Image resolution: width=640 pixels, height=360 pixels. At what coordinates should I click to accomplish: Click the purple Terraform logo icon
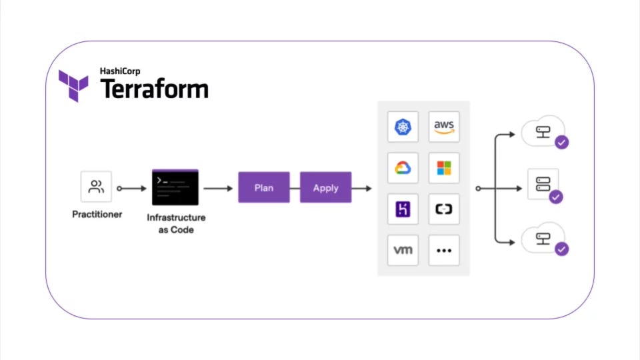tap(73, 85)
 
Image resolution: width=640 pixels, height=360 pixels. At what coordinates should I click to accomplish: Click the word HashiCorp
tap(120, 71)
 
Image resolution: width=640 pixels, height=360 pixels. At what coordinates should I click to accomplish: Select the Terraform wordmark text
tap(154, 89)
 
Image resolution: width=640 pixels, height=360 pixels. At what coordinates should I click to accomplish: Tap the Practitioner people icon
tap(96, 187)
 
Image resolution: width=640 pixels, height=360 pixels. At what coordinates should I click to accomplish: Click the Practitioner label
tap(97, 215)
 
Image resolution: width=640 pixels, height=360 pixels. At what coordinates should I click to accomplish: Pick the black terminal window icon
tap(175, 187)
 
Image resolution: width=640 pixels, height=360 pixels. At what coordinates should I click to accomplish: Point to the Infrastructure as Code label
tap(176, 223)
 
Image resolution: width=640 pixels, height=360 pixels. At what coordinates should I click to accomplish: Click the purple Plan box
tap(264, 188)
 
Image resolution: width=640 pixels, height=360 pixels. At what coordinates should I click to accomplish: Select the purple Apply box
tap(325, 188)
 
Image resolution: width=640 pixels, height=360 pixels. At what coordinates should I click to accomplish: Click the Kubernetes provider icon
tap(403, 127)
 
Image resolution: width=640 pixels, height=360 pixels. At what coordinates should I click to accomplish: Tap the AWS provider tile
tap(444, 127)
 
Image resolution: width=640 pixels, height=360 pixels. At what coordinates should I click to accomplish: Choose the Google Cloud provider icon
tap(403, 168)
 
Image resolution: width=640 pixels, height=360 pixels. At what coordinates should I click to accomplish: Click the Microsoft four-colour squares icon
tap(444, 168)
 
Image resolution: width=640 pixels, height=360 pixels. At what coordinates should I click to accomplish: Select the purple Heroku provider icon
tap(403, 209)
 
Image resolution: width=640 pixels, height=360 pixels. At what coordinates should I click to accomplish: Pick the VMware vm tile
tap(403, 251)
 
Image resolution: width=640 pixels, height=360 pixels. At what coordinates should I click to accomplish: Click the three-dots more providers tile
tap(444, 251)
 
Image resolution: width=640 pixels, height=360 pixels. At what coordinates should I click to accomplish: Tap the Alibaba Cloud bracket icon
tap(444, 209)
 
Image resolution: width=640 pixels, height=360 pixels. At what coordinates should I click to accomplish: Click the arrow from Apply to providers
tap(362, 189)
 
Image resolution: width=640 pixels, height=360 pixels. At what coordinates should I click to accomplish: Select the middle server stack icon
tap(543, 184)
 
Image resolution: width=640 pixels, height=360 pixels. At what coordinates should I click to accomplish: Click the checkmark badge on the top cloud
tap(562, 142)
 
